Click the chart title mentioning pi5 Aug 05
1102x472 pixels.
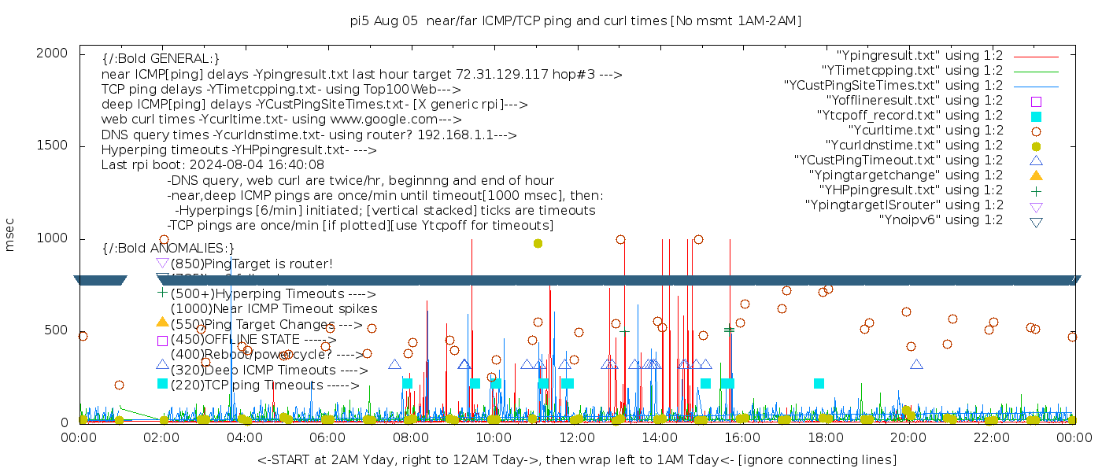coord(575,21)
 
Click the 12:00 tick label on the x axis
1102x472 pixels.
coord(575,436)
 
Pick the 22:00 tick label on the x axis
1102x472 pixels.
coord(989,436)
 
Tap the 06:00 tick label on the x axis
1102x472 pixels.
coord(327,436)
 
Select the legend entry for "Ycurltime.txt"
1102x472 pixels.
coord(925,130)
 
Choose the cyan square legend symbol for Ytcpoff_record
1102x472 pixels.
coord(1036,116)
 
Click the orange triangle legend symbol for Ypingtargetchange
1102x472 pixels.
coord(1036,175)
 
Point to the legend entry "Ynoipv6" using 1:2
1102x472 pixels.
coord(941,219)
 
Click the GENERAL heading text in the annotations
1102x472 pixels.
coord(161,59)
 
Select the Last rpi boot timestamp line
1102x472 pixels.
coord(213,165)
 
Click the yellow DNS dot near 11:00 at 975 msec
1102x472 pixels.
coord(538,243)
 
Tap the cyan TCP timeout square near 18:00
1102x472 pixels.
coord(819,383)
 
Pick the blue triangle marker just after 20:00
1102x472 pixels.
coord(916,364)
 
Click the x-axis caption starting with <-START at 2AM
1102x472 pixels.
coord(576,459)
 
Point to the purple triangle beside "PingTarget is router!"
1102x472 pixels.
coord(162,263)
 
